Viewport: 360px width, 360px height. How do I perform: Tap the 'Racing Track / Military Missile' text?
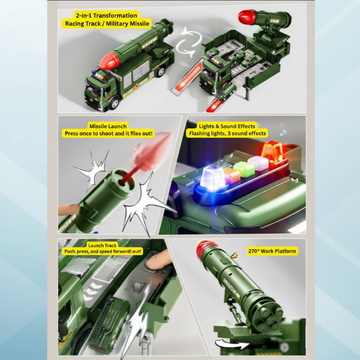tap(106, 24)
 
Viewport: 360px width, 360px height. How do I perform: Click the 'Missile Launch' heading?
tap(108, 126)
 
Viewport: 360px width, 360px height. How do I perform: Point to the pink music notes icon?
tap(282, 129)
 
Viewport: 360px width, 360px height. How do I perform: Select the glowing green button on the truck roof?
tap(242, 169)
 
